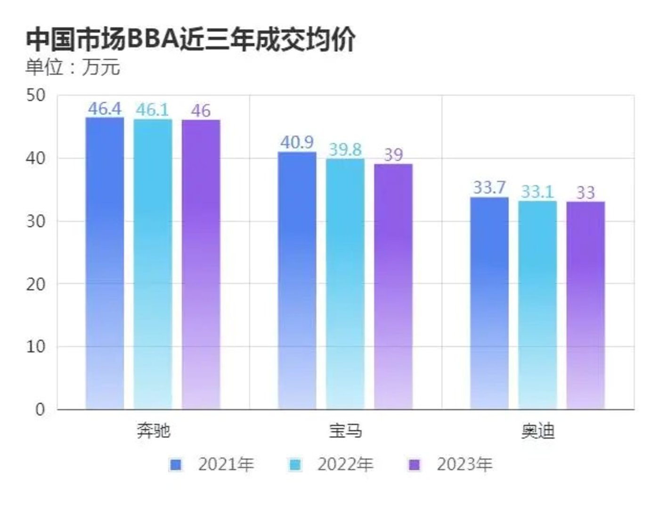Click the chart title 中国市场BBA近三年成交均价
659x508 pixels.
click(x=190, y=40)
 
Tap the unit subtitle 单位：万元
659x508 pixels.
click(x=73, y=67)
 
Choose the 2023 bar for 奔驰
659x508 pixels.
click(x=201, y=264)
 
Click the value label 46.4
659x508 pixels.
click(x=105, y=109)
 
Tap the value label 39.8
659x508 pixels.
click(x=345, y=150)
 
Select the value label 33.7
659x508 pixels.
click(x=489, y=188)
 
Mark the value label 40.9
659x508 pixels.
click(x=297, y=142)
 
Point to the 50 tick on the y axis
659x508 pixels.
click(x=36, y=96)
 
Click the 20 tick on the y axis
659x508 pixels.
click(x=36, y=284)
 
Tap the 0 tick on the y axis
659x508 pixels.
click(x=41, y=410)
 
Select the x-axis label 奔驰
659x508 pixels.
click(x=153, y=431)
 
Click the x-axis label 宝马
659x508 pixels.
click(x=345, y=431)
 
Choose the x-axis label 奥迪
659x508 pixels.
click(x=537, y=431)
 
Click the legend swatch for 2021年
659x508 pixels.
click(x=175, y=465)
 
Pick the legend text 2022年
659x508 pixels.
click(x=345, y=465)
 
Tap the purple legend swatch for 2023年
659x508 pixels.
click(x=414, y=465)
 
